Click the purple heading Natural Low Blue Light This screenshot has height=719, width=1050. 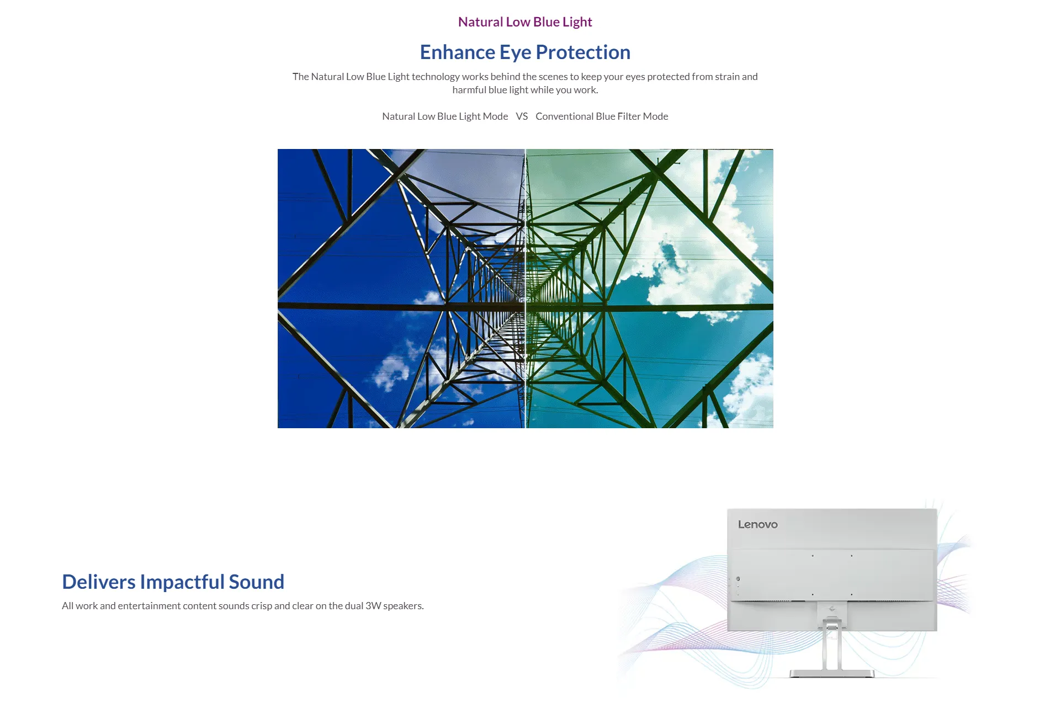tap(525, 22)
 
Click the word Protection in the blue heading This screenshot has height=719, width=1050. tap(583, 52)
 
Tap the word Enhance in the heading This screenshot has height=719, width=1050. tap(458, 52)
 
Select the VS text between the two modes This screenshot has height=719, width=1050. tap(522, 116)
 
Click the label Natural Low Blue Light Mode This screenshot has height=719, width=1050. tap(445, 116)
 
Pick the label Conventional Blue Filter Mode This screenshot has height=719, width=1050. tap(602, 116)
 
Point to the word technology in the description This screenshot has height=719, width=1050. tap(436, 77)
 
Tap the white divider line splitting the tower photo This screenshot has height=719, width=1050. tap(525, 289)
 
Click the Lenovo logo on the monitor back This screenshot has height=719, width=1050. tap(758, 525)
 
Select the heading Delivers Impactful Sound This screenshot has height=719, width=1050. tap(173, 582)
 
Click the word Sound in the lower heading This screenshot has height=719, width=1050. tap(257, 582)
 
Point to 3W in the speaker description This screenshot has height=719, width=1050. tap(373, 606)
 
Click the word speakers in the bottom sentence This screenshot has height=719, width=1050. tap(404, 606)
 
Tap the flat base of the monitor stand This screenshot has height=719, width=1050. tap(832, 673)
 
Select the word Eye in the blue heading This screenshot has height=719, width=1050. tap(516, 53)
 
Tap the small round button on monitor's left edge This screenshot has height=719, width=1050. tap(738, 579)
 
